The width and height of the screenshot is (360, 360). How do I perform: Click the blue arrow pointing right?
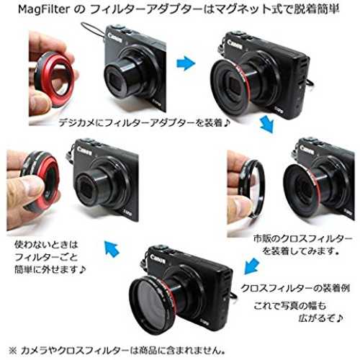pos(186,63)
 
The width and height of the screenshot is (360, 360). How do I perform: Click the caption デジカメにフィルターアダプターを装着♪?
pos(145,123)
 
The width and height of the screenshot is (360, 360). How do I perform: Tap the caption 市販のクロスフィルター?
pos(302,238)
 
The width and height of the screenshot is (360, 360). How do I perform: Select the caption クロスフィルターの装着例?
pos(295,288)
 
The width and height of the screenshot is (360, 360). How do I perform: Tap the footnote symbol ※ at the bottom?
pos(13,351)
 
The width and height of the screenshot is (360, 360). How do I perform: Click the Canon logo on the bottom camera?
pos(158,258)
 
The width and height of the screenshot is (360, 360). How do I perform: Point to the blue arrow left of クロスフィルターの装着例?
pos(252,266)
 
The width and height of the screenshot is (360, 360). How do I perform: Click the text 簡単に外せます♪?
pos(50,269)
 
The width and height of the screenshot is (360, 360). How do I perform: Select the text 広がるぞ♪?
pos(320,318)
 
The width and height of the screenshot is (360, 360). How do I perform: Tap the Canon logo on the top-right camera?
pos(234,45)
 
